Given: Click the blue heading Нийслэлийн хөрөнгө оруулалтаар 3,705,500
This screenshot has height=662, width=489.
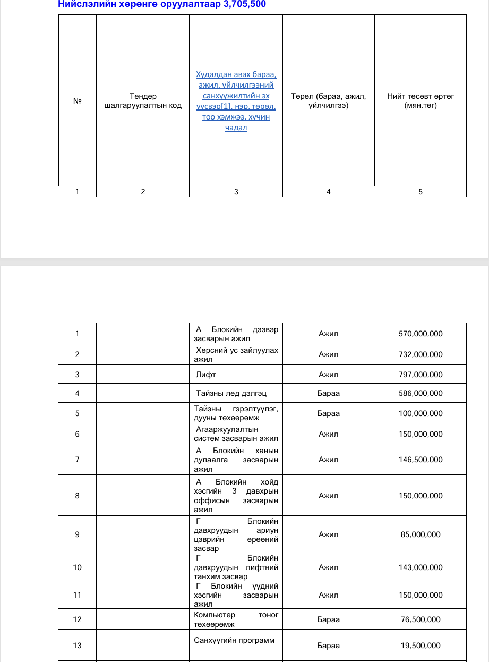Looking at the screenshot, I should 161,4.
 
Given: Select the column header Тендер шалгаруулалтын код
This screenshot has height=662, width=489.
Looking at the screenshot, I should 143,100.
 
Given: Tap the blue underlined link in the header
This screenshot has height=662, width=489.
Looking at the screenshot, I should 236,101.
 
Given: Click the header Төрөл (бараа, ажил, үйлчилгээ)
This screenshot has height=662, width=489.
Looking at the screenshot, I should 328,100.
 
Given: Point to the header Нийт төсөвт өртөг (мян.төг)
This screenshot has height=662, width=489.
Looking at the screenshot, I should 421,100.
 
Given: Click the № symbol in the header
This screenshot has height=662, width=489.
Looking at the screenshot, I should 77,101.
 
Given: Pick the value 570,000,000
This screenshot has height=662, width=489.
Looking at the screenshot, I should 421,334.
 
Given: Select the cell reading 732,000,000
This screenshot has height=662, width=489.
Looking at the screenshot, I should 421,354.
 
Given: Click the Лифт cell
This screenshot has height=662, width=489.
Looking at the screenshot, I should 206,375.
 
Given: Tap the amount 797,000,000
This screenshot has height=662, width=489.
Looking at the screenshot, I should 421,375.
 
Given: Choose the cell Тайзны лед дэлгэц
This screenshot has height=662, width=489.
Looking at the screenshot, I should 231,393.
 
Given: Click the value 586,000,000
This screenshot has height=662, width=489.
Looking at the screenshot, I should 421,393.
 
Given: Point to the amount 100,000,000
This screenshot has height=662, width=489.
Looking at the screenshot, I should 421,413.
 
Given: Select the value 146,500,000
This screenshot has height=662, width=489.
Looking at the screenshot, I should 421,460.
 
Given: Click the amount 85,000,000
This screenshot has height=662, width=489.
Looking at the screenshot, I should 421,534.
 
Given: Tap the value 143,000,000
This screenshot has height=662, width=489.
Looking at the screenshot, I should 421,567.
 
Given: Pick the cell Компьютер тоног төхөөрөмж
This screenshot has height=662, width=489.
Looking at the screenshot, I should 236,619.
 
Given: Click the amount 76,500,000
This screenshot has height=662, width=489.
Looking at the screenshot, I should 421,619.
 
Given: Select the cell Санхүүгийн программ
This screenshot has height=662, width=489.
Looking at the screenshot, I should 234,640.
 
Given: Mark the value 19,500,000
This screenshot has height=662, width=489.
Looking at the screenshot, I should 421,646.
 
